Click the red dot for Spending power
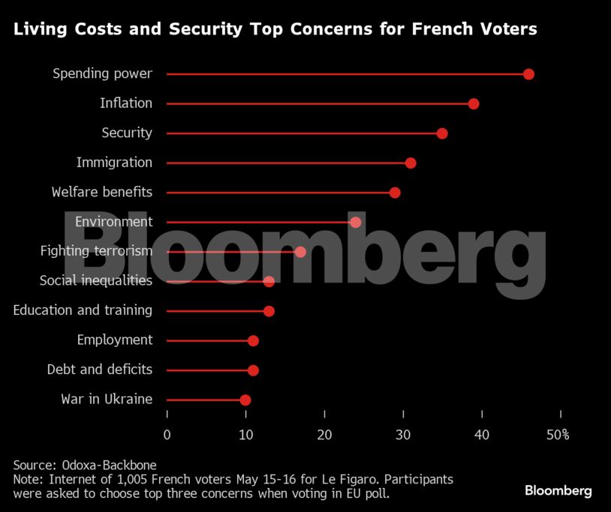click(x=528, y=74)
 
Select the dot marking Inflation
click(x=474, y=103)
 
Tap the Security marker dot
click(x=442, y=133)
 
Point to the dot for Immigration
click(x=411, y=163)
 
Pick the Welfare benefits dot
click(x=395, y=193)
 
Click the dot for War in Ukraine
click(x=245, y=400)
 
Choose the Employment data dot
click(x=253, y=340)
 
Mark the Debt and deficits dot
click(x=253, y=370)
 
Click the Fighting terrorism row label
click(x=96, y=251)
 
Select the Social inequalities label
click(x=96, y=281)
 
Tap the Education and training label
click(x=83, y=310)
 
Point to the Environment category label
click(x=113, y=222)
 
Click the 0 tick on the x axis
click(x=167, y=434)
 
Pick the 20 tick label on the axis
click(x=324, y=434)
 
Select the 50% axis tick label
click(x=558, y=434)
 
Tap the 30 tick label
click(x=403, y=434)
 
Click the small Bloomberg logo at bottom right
click(x=558, y=491)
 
